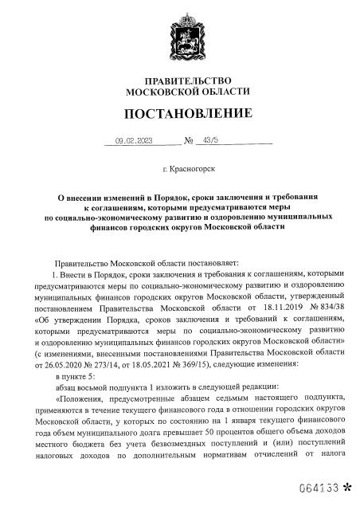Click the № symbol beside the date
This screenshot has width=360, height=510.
tap(190, 141)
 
